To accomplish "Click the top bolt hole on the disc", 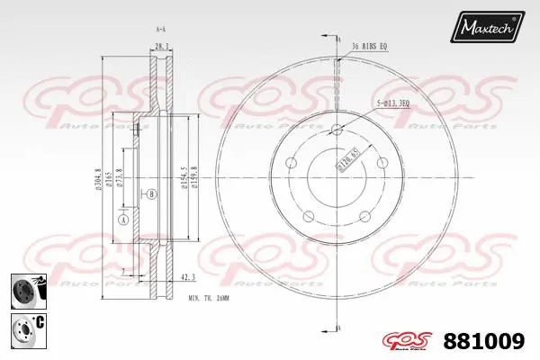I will [x=338, y=130].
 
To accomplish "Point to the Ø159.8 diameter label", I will [x=195, y=174].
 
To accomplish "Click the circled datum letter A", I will [x=123, y=219].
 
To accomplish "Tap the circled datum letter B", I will [x=151, y=193].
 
